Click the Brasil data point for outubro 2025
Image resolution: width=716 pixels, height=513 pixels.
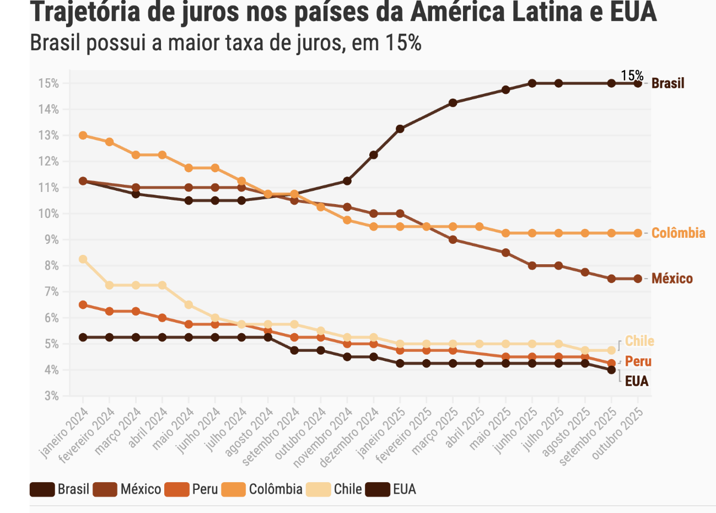point(638,83)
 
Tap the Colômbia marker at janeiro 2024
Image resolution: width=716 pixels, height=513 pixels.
point(83,135)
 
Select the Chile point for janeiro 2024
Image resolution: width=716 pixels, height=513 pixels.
point(83,259)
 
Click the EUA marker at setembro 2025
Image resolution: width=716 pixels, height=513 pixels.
point(611,370)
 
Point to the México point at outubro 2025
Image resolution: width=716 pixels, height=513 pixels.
point(638,279)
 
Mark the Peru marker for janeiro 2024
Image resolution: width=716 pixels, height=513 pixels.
point(83,304)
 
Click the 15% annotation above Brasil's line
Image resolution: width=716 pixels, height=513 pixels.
point(632,76)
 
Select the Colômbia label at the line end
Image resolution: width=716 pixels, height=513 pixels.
point(678,233)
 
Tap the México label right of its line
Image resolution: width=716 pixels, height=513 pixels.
point(672,279)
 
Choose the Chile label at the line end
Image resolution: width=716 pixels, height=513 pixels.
point(639,341)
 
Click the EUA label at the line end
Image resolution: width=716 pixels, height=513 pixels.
point(637,381)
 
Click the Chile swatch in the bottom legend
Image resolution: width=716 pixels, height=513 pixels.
point(319,489)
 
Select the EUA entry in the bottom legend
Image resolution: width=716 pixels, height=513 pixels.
point(404,489)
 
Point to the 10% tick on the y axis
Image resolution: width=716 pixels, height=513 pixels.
point(49,213)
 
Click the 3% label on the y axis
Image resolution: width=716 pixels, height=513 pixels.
point(51,396)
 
